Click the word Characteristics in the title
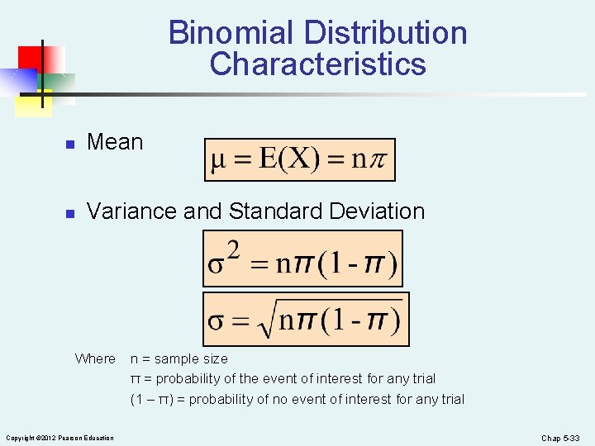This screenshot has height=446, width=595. coord(318,64)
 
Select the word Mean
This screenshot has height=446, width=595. coord(115,142)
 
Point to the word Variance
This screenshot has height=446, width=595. coord(132,211)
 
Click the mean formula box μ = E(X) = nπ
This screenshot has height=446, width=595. coord(300,159)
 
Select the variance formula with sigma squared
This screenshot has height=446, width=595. coord(302,259)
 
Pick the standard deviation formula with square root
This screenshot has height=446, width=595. coord(306,319)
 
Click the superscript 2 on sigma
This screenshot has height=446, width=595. coord(234,249)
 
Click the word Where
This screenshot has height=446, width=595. coord(95,358)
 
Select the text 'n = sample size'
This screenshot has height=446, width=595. coord(179,358)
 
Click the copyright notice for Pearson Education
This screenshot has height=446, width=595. coord(59,438)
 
